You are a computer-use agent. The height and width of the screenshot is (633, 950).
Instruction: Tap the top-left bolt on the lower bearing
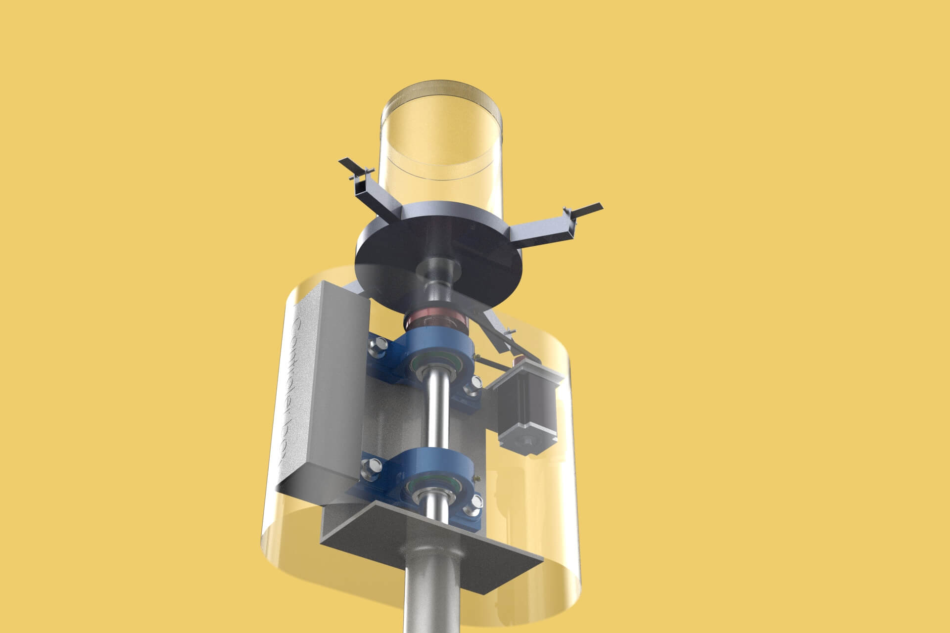[373, 465]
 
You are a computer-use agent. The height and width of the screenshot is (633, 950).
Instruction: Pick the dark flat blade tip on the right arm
[589, 208]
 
